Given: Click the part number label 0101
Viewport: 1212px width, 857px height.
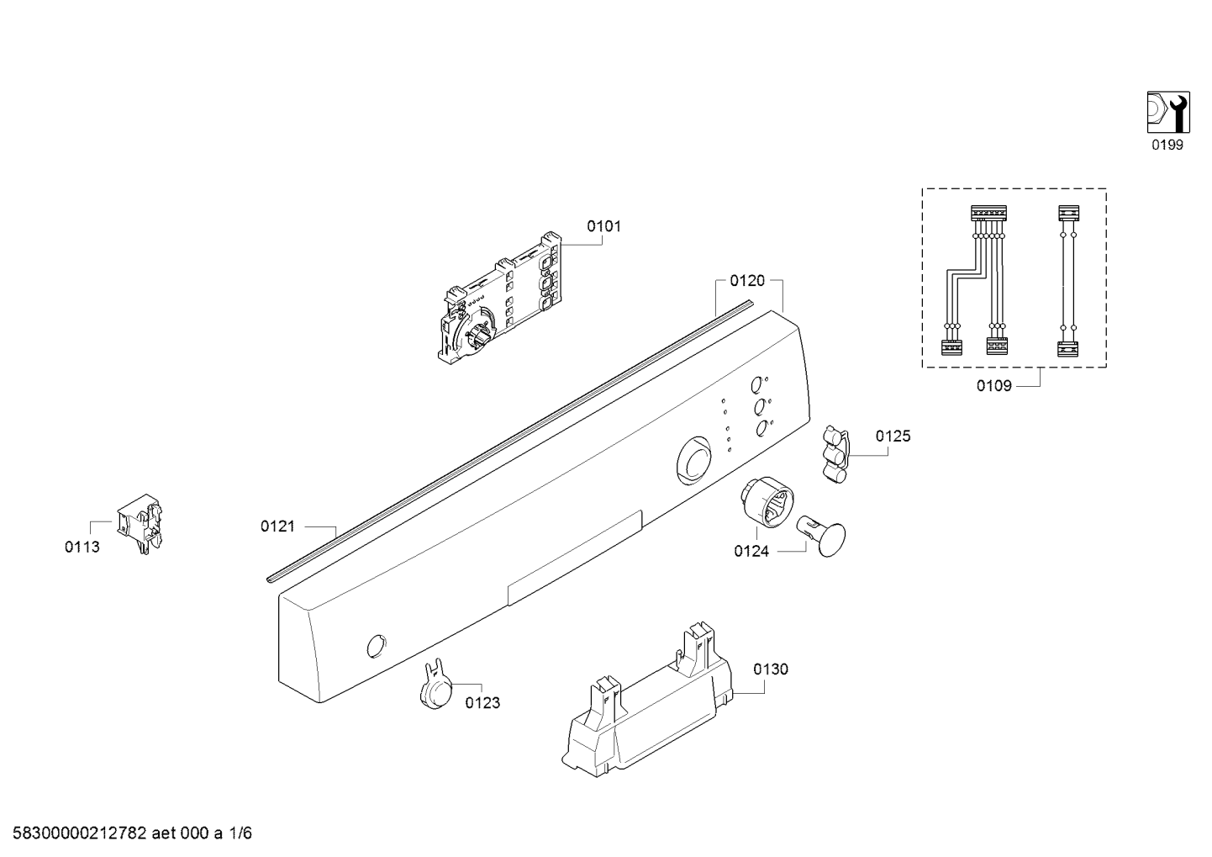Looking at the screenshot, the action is pyautogui.click(x=603, y=226).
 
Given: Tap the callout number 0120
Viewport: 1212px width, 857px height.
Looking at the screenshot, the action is pyautogui.click(x=747, y=281).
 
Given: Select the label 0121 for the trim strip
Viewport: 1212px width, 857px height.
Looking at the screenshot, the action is pyautogui.click(x=277, y=526).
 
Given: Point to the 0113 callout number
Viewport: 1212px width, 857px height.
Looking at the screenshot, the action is pyautogui.click(x=82, y=548).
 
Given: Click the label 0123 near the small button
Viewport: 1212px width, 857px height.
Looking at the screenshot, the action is pyautogui.click(x=482, y=703).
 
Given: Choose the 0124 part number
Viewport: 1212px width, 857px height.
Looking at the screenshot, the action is pyautogui.click(x=751, y=552).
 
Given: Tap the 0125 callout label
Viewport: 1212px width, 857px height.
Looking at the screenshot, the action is pyautogui.click(x=893, y=436).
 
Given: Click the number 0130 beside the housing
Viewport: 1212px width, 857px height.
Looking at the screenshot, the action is pyautogui.click(x=771, y=669).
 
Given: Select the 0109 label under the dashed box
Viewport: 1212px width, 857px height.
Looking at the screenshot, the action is pyautogui.click(x=994, y=386).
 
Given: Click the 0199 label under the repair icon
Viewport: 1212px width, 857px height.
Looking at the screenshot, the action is pyautogui.click(x=1167, y=145).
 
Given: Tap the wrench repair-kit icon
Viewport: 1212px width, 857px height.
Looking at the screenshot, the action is pyautogui.click(x=1168, y=112).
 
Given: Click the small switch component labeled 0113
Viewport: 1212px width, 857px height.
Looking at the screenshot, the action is pyautogui.click(x=140, y=523).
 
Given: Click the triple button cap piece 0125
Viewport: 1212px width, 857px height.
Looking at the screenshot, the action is pyautogui.click(x=835, y=454).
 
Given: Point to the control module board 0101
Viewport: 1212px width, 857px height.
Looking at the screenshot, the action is pyautogui.click(x=498, y=297).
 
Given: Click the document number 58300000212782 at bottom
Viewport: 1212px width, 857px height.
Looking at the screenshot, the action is pyautogui.click(x=80, y=833).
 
